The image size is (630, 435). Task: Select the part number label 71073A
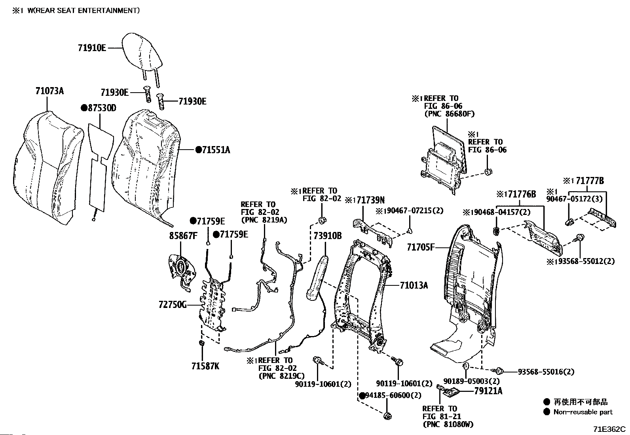pos(49,91)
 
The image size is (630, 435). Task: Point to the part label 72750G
pos(173,305)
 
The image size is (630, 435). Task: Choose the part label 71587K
pos(205,367)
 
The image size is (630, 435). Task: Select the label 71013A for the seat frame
pos(414,285)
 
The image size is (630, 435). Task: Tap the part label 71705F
pos(421,247)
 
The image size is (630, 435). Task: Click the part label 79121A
pos(488,391)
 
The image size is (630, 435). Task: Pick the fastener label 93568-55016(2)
pos(546,372)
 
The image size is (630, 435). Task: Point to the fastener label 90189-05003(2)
pos(471,381)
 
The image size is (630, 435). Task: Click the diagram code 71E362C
pos(609,429)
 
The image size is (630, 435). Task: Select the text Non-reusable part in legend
pos(583,412)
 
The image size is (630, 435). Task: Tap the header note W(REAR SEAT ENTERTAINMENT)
pos(83,10)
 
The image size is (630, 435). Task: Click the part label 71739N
pos(370,200)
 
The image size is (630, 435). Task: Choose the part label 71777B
pos(590,180)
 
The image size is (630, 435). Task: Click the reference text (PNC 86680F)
pos(449,114)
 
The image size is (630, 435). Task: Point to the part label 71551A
pos(216,150)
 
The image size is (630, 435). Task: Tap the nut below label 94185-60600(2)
pos(387,416)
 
